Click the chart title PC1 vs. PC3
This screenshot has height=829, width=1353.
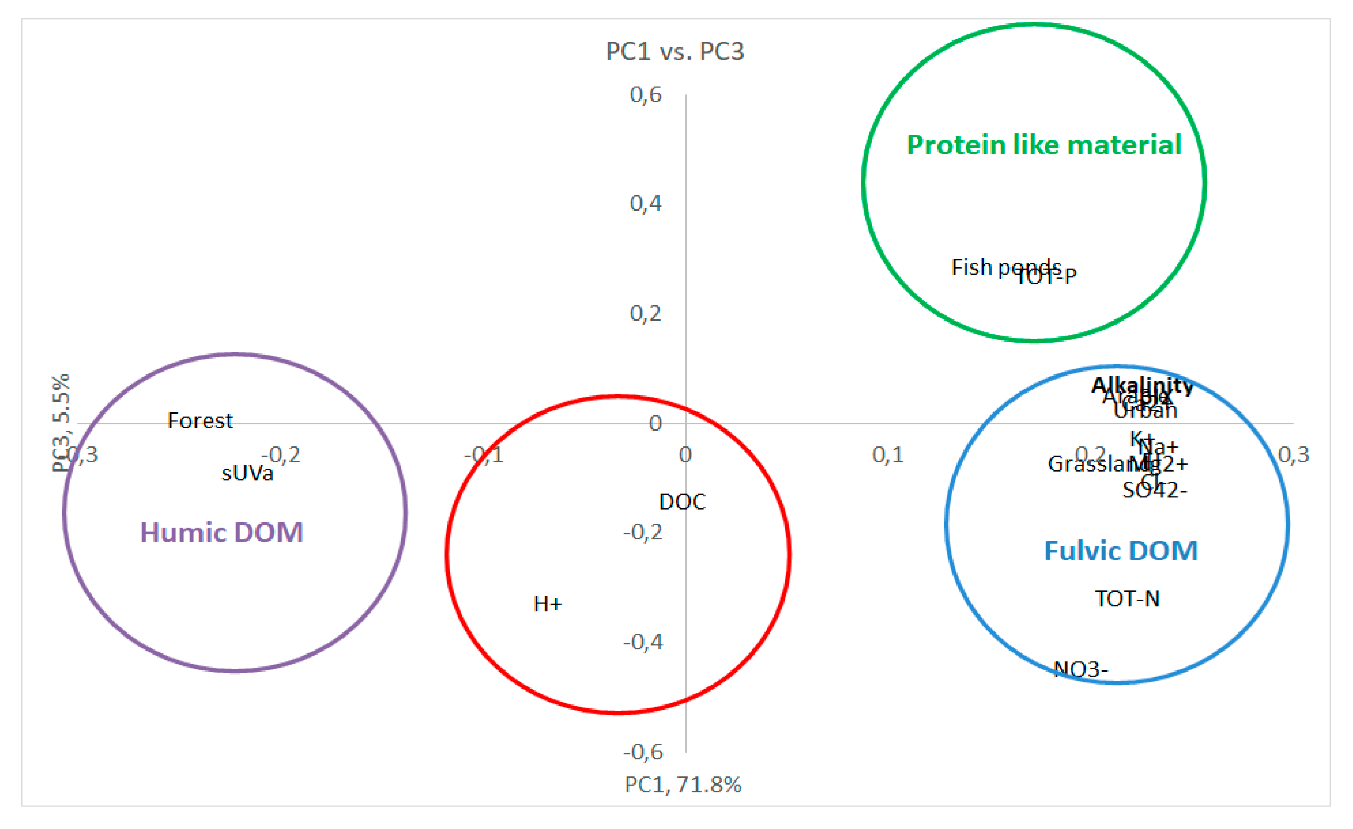click(x=675, y=52)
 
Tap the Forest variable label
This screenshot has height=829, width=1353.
click(x=200, y=421)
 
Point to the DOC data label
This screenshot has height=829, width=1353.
click(x=682, y=502)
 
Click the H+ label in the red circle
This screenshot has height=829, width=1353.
click(x=547, y=605)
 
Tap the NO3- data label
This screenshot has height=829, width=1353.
click(x=1081, y=669)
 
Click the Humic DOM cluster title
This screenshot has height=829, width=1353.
click(x=222, y=533)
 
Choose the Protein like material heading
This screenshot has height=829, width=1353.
click(x=1044, y=146)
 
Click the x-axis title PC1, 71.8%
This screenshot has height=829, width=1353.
click(x=683, y=785)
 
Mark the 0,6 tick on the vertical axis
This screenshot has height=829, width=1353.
click(x=646, y=95)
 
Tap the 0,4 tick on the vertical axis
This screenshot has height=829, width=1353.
click(x=646, y=203)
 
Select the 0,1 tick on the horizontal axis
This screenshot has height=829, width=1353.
click(x=888, y=455)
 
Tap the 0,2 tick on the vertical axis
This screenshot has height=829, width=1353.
click(x=646, y=314)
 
